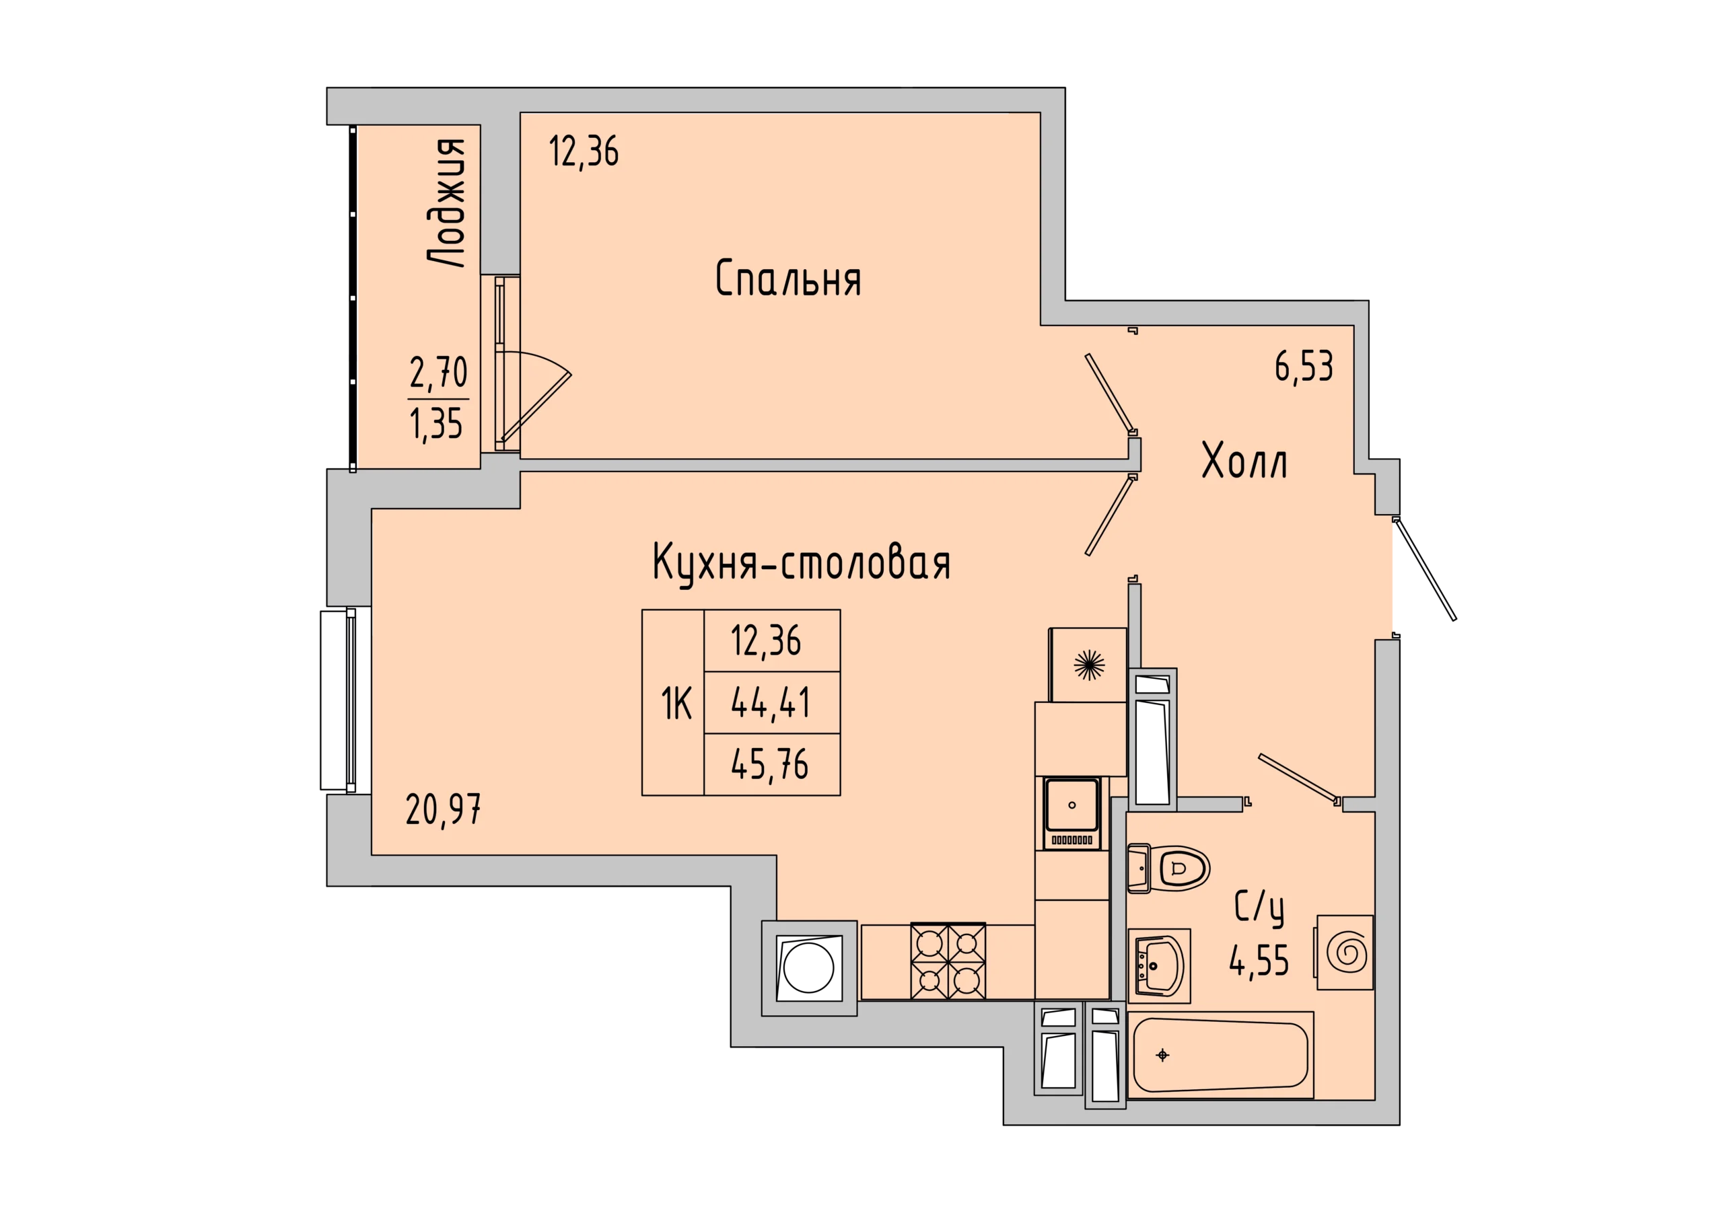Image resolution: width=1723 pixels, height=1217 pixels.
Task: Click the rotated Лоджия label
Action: pos(446,202)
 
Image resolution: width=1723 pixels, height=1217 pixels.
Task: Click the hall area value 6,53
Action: pos(1304,367)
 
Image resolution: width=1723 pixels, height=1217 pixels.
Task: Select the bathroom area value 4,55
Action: pos(1259,959)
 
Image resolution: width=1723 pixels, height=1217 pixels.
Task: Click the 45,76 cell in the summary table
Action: pos(771,764)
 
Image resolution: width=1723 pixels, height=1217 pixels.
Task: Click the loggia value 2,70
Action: pos(439,373)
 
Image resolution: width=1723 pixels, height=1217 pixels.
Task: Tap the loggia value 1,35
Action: pos(436,424)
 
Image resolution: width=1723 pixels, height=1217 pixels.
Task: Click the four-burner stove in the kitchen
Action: pos(948,962)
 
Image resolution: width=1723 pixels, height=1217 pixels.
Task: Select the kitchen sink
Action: pos(1071,813)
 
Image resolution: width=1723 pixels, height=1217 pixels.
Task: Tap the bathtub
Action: pos(1220,1056)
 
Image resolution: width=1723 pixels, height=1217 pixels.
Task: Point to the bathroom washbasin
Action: pos(1159,965)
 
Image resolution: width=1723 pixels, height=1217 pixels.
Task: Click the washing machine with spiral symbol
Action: pos(1345,953)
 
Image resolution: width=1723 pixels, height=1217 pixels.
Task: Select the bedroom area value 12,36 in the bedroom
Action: pos(584,151)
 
